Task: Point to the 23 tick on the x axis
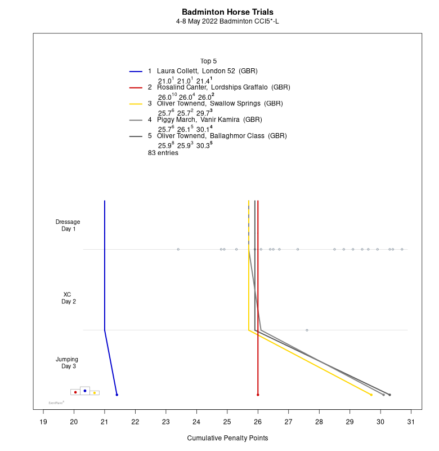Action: pyautogui.click(x=166, y=421)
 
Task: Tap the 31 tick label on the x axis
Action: pyautogui.click(x=411, y=421)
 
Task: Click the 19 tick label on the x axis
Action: pyautogui.click(x=43, y=421)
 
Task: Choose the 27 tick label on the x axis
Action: pyautogui.click(x=288, y=421)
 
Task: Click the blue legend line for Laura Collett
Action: pyautogui.click(x=136, y=72)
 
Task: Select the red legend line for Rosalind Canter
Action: pyautogui.click(x=136, y=88)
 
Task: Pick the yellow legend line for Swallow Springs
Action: pyautogui.click(x=136, y=104)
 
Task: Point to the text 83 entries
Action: pyautogui.click(x=163, y=153)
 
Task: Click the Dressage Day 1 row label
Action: pyautogui.click(x=68, y=225)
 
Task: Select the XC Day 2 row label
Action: pyautogui.click(x=68, y=298)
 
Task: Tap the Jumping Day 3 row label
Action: pyautogui.click(x=67, y=362)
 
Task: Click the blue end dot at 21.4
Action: pyautogui.click(x=117, y=395)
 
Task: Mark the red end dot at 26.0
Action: pyautogui.click(x=258, y=395)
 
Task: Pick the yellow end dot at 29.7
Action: pyautogui.click(x=371, y=395)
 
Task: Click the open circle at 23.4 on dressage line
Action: pyautogui.click(x=178, y=249)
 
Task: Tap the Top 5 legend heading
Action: pyautogui.click(x=208, y=61)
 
